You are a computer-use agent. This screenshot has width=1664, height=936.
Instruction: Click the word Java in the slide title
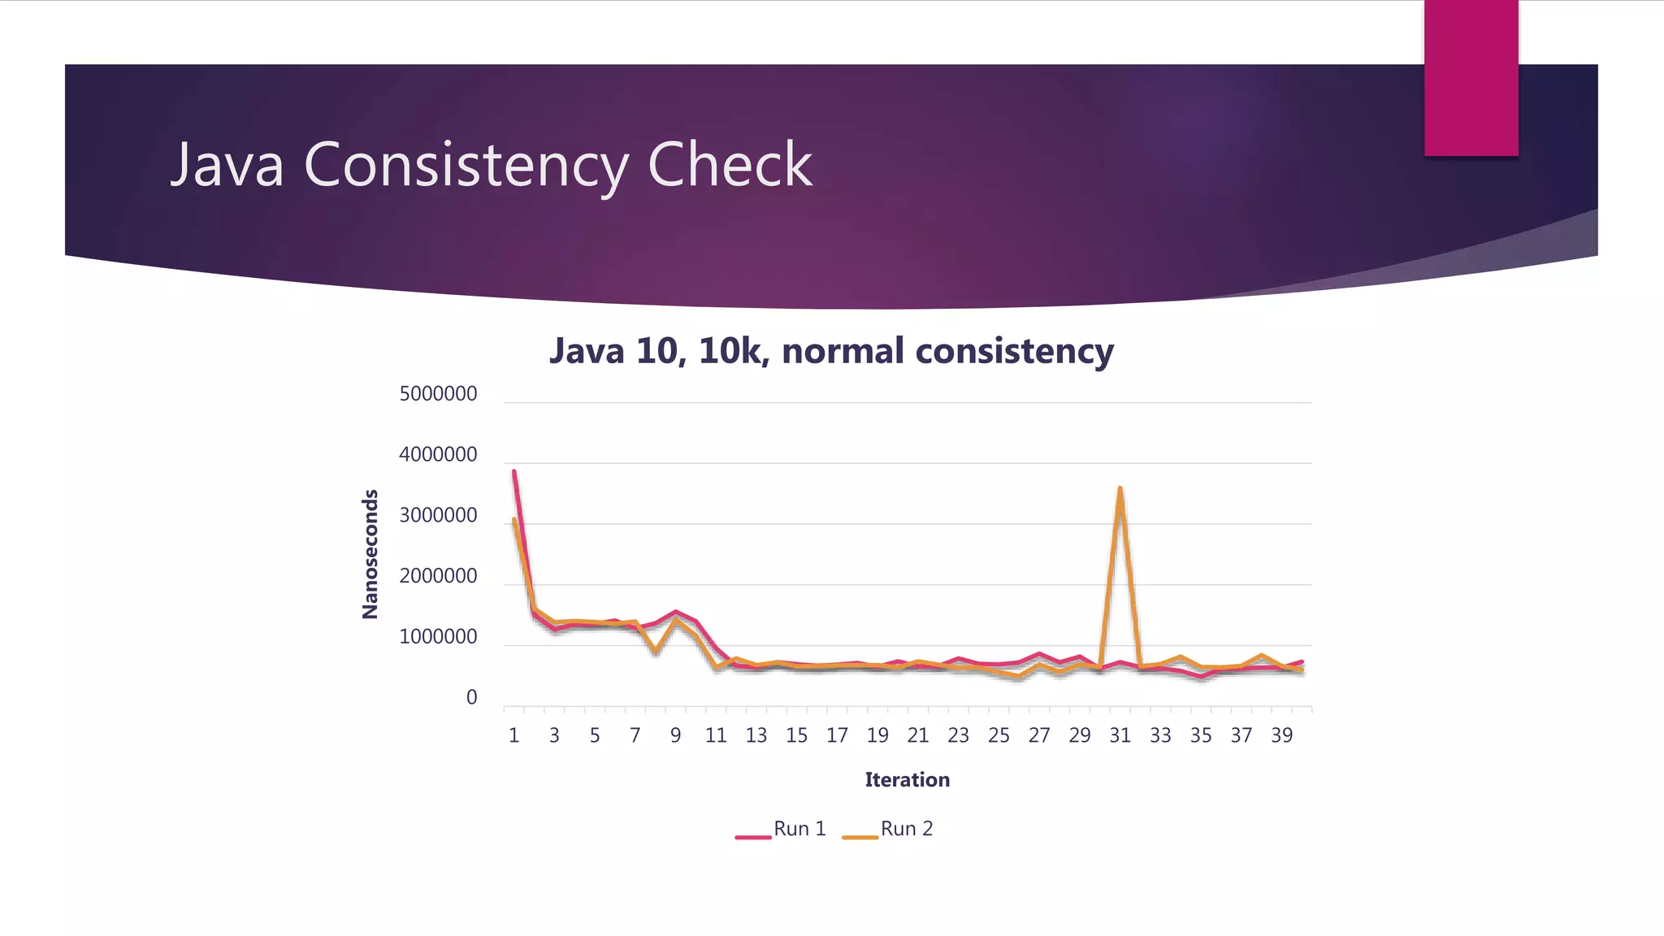point(227,165)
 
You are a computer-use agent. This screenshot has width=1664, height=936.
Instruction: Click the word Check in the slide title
point(729,165)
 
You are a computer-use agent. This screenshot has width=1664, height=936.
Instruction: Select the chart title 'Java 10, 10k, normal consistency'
point(831,351)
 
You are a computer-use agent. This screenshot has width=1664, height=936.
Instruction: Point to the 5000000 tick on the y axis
point(438,394)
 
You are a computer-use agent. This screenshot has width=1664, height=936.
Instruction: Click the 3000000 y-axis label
point(438,515)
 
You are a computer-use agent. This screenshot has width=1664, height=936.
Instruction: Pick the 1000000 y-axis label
point(438,637)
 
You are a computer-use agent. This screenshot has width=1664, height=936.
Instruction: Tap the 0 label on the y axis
point(471,697)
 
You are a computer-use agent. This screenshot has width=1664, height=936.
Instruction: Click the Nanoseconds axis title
point(370,554)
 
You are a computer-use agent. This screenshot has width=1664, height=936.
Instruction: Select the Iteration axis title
point(907,780)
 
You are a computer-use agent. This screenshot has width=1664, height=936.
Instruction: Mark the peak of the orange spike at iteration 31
point(1120,488)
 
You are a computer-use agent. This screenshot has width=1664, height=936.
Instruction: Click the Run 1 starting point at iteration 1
point(514,471)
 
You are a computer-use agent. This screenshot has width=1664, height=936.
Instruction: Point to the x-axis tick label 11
point(716,735)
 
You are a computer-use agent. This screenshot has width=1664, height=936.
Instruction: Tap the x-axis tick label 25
point(999,735)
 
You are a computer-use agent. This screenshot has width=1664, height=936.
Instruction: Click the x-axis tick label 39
point(1281,735)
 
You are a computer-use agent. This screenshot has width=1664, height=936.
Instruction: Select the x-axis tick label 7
point(635,735)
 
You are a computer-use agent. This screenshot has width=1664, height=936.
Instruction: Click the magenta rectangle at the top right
point(1471,77)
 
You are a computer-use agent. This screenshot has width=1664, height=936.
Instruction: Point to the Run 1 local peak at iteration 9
point(675,612)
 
